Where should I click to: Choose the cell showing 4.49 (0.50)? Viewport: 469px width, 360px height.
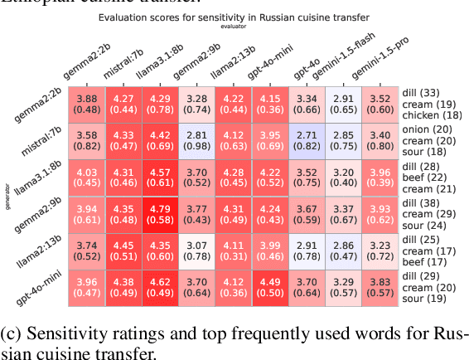coord(270,291)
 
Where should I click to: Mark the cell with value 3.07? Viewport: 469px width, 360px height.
coord(197,253)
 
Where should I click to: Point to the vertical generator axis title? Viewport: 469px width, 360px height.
coord(7,196)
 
